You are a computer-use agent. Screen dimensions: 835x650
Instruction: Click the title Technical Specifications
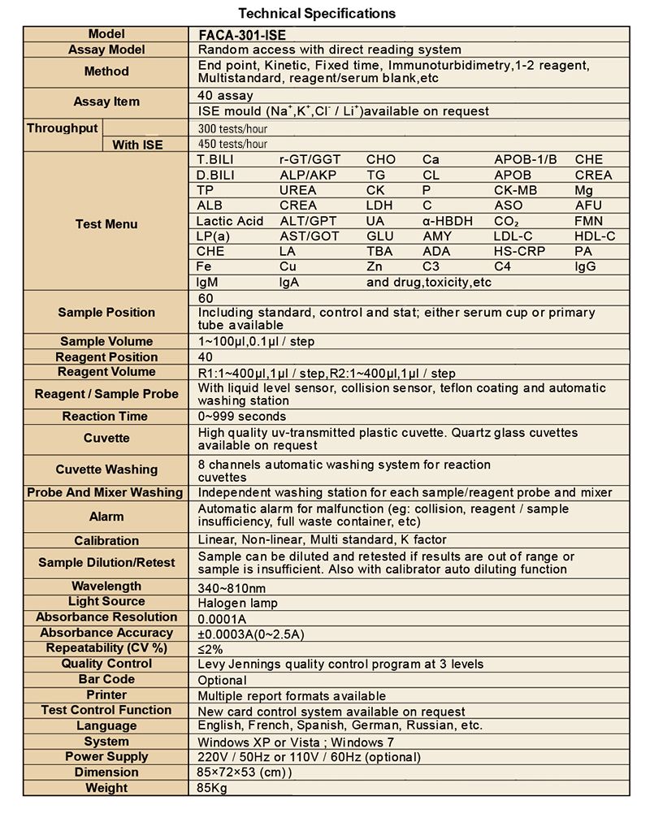318,13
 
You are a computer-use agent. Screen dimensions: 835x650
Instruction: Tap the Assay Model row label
106,50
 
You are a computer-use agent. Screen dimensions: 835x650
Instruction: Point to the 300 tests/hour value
233,128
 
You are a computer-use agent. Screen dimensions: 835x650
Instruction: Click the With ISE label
137,145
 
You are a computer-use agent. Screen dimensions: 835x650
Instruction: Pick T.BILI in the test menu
214,159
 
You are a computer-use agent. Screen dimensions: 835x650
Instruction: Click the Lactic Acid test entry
230,221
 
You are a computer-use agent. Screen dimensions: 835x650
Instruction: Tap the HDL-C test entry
595,236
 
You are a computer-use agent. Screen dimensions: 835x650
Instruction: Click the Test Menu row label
106,224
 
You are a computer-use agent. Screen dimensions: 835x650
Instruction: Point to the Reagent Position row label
106,357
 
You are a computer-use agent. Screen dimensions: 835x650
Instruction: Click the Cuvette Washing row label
106,469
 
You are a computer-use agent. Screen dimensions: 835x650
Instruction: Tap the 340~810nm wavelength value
232,587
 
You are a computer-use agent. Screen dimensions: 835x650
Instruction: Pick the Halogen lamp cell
237,603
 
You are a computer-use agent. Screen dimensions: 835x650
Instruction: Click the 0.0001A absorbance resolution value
222,618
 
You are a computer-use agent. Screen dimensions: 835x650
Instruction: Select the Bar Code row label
106,679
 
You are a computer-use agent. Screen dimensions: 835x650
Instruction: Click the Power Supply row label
106,756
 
